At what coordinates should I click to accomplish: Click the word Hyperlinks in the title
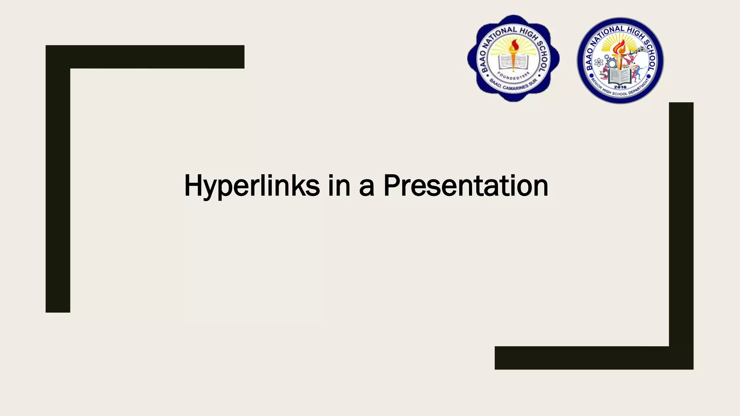252,186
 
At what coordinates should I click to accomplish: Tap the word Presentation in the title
465,186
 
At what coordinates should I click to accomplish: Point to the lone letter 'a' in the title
366,188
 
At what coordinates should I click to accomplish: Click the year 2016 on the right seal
620,87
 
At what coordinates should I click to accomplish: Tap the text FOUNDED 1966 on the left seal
513,77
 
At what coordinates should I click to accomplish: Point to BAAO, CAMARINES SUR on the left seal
513,87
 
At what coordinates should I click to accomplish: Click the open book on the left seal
513,62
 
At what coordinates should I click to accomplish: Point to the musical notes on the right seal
639,50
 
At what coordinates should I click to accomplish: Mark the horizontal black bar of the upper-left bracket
145,57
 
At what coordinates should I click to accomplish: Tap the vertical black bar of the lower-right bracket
681,224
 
